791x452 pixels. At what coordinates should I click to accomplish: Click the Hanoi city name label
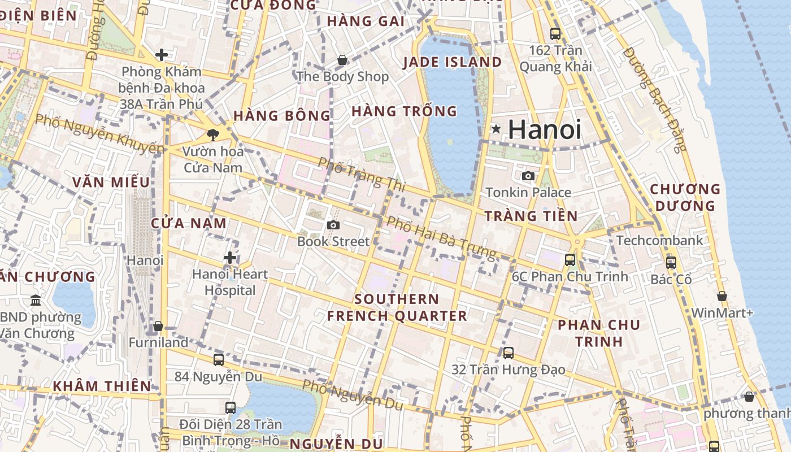click(544, 129)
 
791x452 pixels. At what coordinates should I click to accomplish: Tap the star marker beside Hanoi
click(496, 129)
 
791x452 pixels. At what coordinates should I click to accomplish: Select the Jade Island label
click(452, 62)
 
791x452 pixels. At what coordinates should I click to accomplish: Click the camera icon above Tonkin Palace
click(528, 176)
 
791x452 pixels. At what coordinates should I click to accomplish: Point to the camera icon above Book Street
click(333, 225)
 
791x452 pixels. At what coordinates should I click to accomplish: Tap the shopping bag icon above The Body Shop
click(342, 60)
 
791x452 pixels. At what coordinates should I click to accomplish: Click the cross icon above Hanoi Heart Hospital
click(229, 258)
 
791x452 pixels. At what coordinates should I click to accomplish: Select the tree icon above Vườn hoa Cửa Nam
click(212, 134)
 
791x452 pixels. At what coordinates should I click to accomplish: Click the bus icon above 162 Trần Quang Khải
click(555, 34)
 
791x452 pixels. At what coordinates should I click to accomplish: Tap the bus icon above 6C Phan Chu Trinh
click(570, 260)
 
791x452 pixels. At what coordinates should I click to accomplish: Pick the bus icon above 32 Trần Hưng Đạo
click(508, 353)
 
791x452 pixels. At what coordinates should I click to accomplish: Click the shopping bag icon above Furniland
click(158, 326)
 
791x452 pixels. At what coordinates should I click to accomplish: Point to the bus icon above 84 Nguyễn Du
click(218, 359)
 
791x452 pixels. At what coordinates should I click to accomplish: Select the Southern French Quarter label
click(397, 307)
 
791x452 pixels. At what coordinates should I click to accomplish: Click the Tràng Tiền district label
click(531, 216)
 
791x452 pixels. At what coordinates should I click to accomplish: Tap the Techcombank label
click(659, 240)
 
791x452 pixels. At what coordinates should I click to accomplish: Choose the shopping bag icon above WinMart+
click(722, 296)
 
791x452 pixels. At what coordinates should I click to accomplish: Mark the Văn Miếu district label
click(111, 182)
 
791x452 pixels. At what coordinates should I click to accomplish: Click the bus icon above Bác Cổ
click(671, 263)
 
